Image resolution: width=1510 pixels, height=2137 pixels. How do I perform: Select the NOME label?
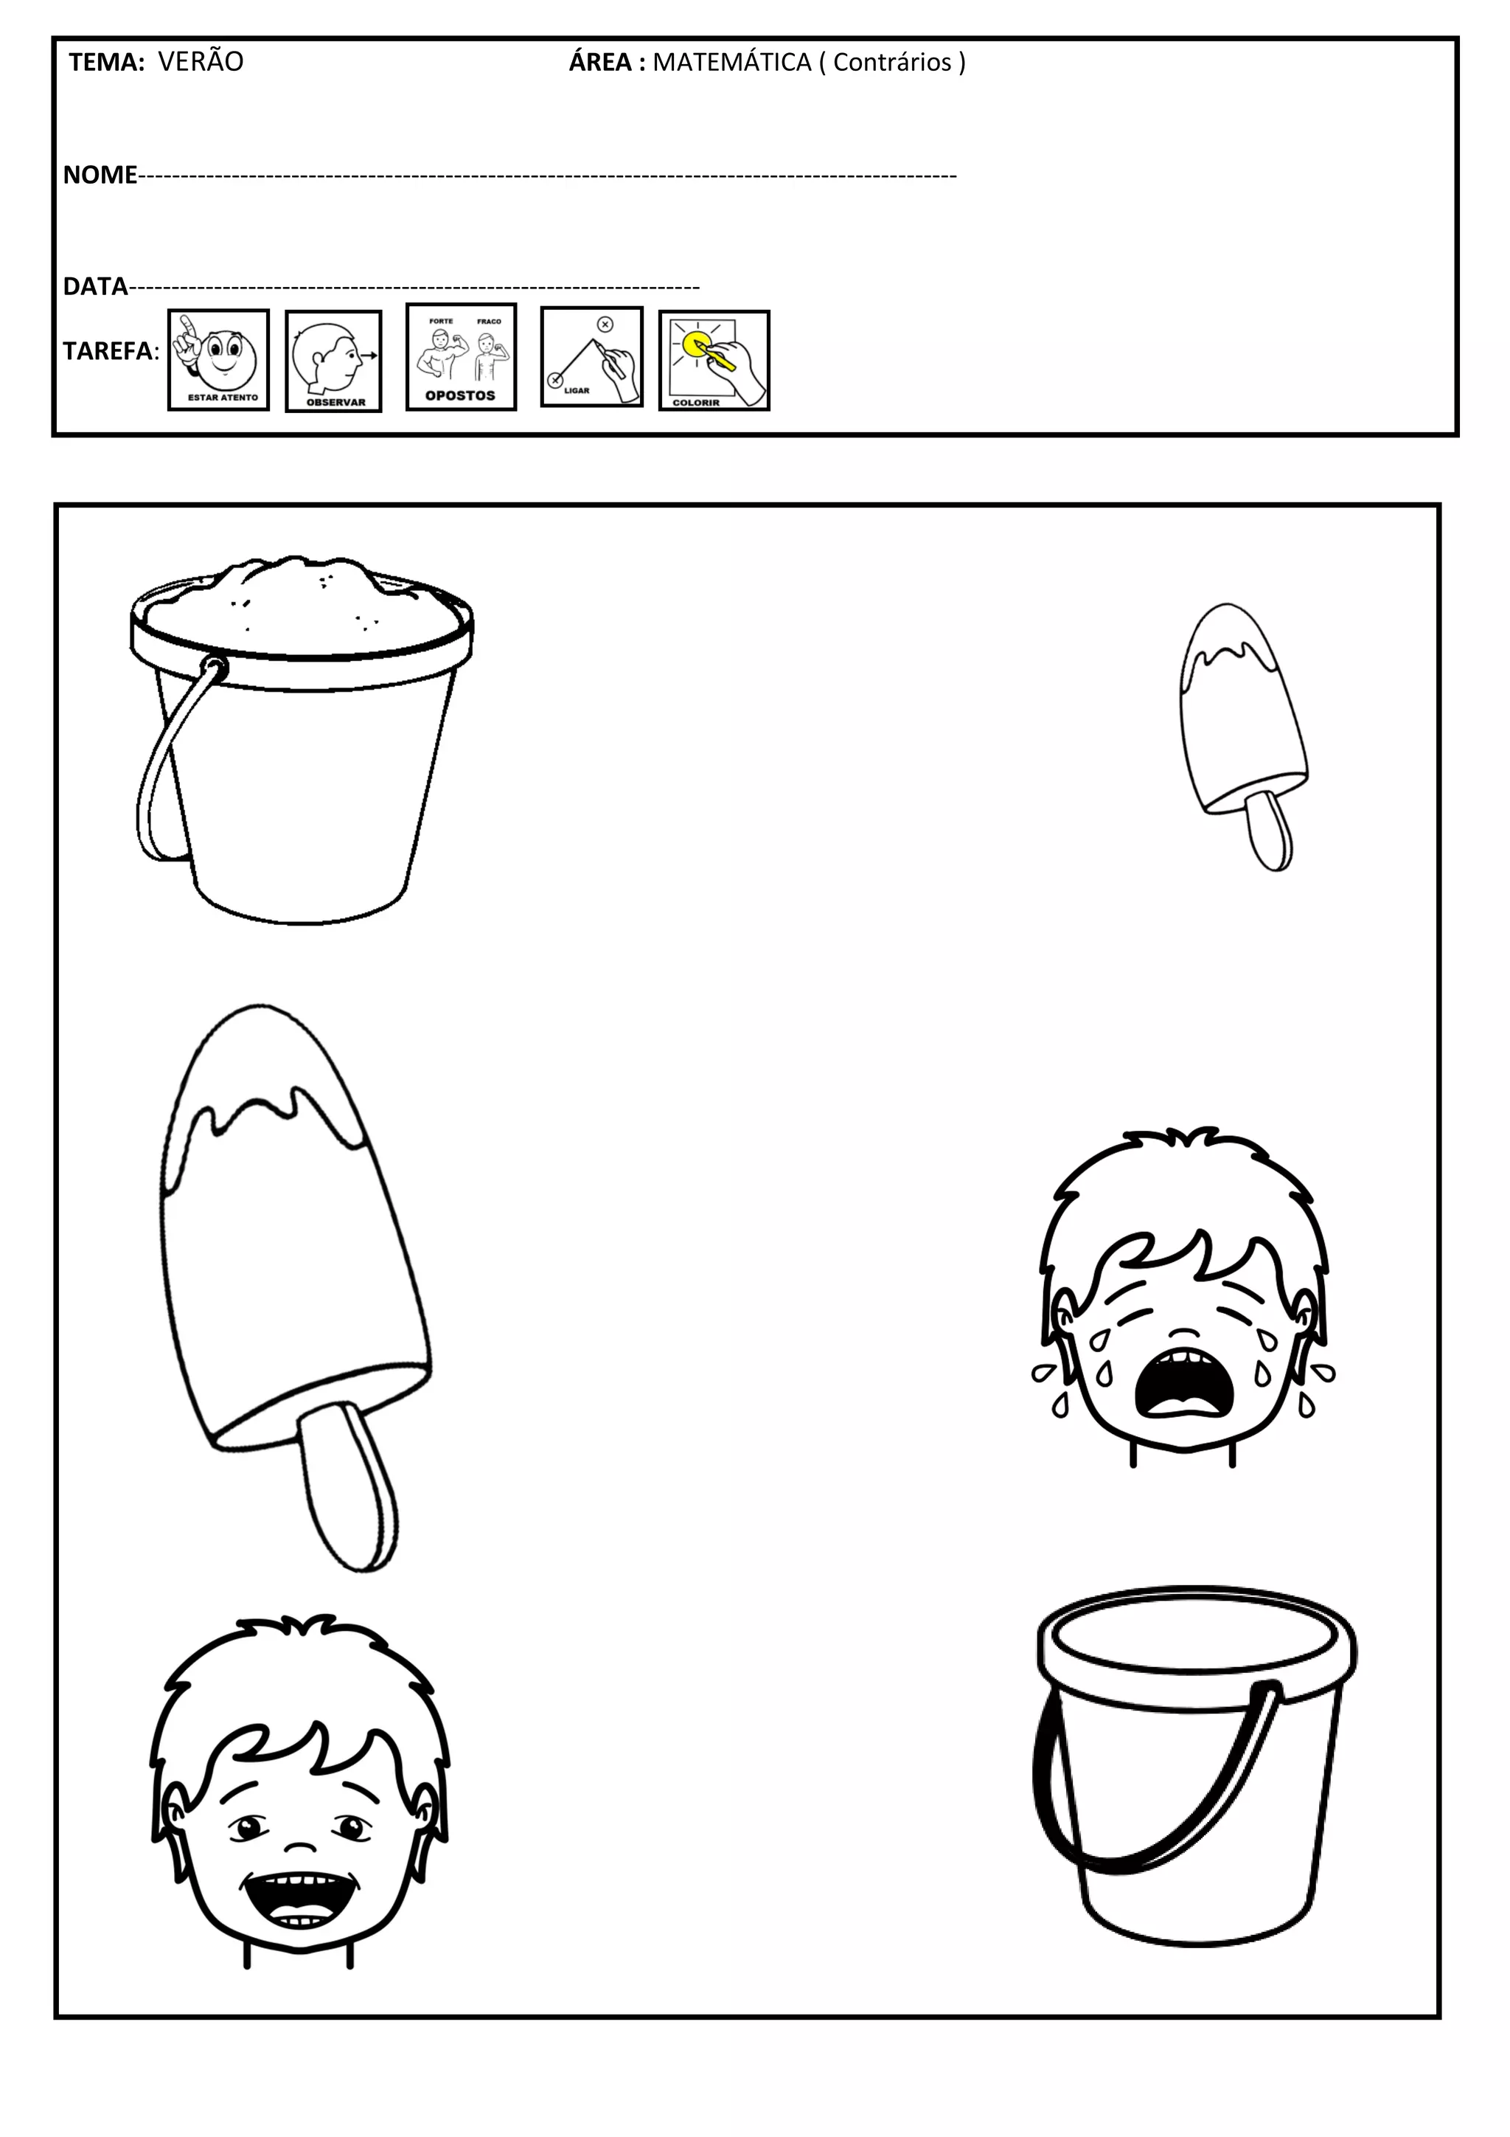(100, 174)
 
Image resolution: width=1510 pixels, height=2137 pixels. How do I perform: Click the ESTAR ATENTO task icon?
(219, 360)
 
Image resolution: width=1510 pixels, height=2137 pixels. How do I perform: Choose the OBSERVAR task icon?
(334, 361)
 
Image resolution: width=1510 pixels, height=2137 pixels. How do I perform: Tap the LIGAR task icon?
(592, 356)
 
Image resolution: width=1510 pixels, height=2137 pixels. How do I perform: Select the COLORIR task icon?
(714, 360)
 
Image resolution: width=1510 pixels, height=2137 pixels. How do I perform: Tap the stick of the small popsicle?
(1269, 828)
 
